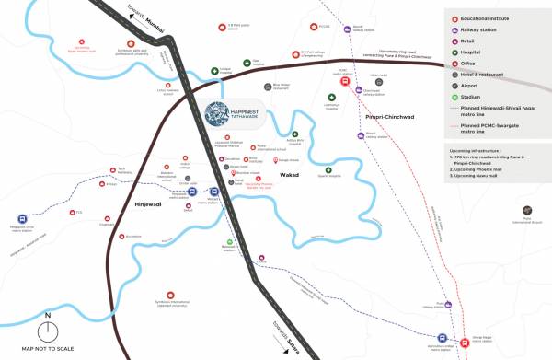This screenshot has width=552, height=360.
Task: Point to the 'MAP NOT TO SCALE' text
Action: [49, 351]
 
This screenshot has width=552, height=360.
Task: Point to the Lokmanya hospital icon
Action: [331, 96]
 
